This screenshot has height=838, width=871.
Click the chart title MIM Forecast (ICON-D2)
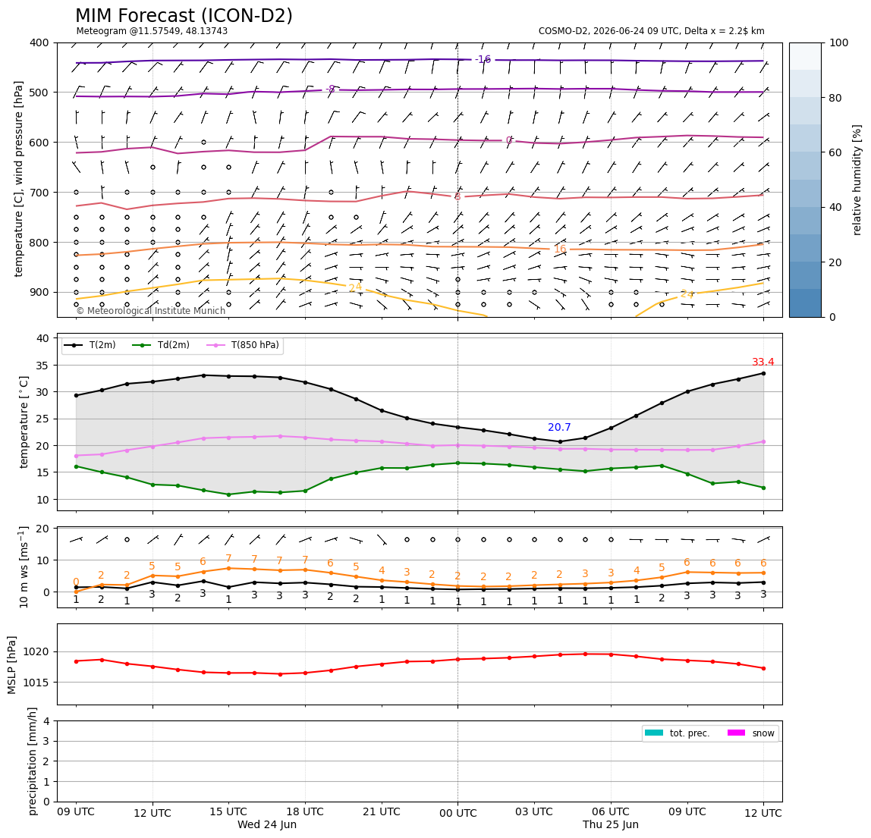pyautogui.click(x=184, y=16)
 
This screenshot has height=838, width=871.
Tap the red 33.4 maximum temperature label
pyautogui.click(x=763, y=362)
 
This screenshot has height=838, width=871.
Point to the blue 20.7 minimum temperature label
pyautogui.click(x=559, y=427)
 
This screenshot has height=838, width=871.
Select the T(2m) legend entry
pyautogui.click(x=90, y=345)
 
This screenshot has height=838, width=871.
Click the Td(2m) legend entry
pyautogui.click(x=161, y=345)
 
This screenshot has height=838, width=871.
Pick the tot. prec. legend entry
pyautogui.click(x=677, y=733)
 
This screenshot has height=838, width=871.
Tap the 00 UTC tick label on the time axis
pyautogui.click(x=458, y=813)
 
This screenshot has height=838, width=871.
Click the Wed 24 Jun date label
pyautogui.click(x=266, y=824)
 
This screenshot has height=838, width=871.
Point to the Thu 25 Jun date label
pyautogui.click(x=611, y=824)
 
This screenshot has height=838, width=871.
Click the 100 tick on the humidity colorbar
pyautogui.click(x=839, y=42)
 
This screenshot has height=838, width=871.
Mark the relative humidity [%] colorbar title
pyautogui.click(x=857, y=180)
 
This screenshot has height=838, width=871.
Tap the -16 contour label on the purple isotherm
pyautogui.click(x=483, y=59)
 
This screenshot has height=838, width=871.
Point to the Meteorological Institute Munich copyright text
pyautogui.click(x=151, y=310)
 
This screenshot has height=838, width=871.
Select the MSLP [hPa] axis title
pyautogui.click(x=12, y=664)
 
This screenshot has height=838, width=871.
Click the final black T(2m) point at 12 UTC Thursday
pyautogui.click(x=763, y=373)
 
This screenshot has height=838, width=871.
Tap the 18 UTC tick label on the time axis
pyautogui.click(x=305, y=811)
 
